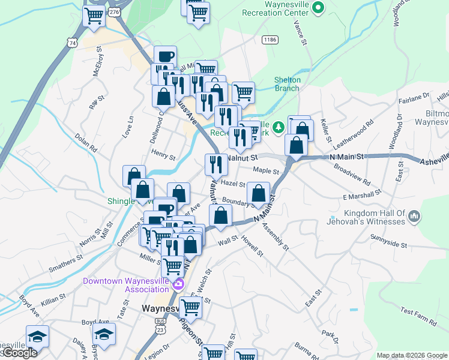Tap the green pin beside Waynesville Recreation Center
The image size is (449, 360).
coord(319,8)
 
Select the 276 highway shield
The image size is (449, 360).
coord(114,11)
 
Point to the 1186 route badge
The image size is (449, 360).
coord(270,39)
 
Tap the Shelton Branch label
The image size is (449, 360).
coord(287,84)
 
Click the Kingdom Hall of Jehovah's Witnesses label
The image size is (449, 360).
coord(375,217)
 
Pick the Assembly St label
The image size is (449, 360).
coord(276,238)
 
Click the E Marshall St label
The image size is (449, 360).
coord(362,195)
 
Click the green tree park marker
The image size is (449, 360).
coord(278,127)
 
